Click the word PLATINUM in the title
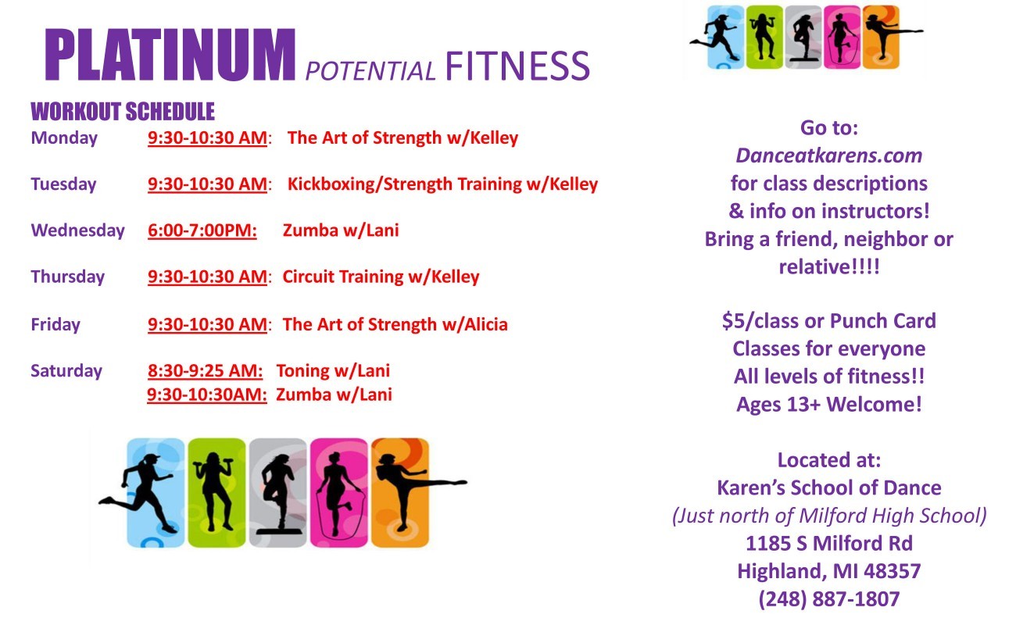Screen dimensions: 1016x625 coord(170,55)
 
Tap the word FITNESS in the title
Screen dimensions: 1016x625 coord(517,66)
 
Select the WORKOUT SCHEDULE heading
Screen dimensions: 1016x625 coord(123,112)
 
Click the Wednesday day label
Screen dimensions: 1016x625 coord(77,230)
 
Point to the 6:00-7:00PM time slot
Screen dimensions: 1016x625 coord(202,230)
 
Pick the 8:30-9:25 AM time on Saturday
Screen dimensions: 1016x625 coord(205,370)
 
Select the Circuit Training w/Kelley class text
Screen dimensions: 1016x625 coord(381,277)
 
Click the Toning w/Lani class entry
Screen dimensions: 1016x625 coord(333,370)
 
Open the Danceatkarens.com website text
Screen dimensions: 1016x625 coord(828,155)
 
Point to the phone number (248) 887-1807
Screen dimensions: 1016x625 coord(828,599)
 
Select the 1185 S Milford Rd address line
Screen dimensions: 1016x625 coord(828,544)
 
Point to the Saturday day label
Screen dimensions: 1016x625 coord(66,371)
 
